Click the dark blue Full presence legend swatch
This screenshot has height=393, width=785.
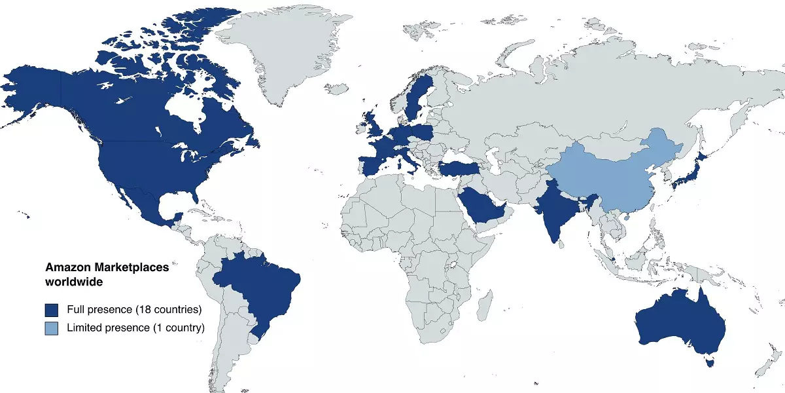click(x=51, y=310)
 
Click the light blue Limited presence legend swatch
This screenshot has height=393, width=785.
click(x=51, y=327)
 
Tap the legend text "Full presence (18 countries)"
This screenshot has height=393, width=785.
click(x=133, y=310)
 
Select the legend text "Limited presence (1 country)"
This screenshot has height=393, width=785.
click(x=135, y=327)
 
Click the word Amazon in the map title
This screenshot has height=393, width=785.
click(x=68, y=267)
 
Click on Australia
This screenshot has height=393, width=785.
click(x=680, y=321)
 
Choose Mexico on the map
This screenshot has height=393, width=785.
click(x=141, y=203)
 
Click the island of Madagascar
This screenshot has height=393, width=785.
click(x=485, y=305)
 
